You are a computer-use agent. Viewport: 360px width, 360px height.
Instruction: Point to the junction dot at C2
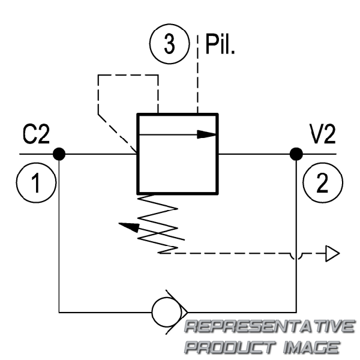pos(59,154)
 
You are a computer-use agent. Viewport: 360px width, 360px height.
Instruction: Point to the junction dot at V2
pos(295,154)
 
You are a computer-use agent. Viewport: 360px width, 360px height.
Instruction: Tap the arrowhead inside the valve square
pos(207,134)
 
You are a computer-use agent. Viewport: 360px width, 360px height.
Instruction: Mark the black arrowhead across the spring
pos(127,227)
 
